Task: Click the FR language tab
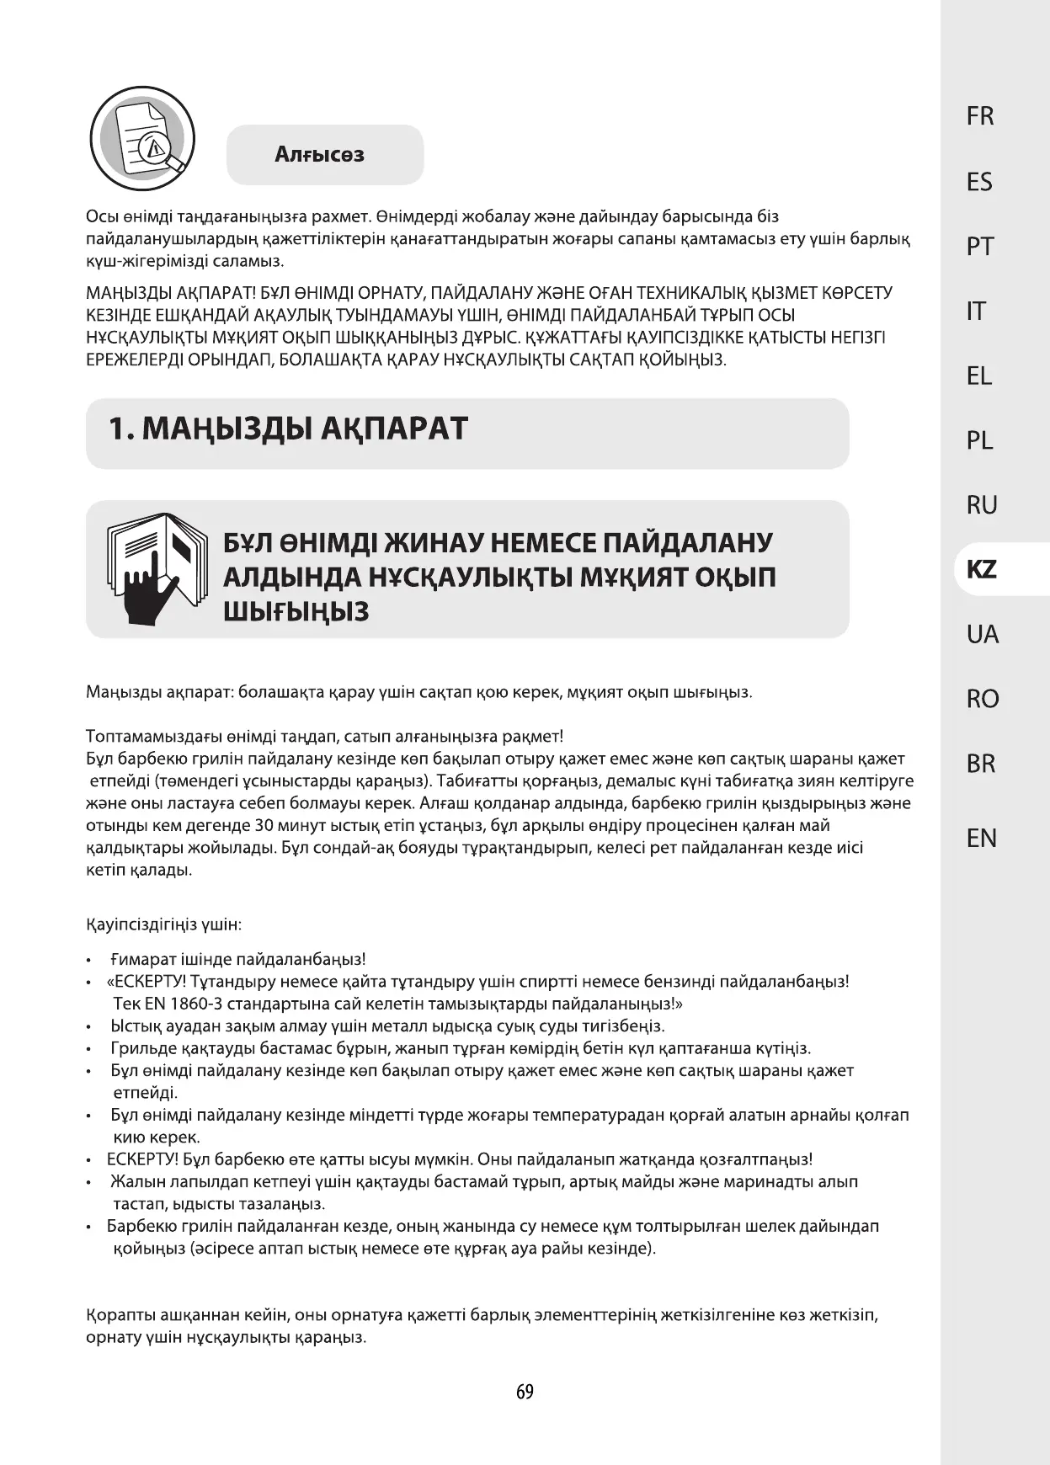pyautogui.click(x=980, y=116)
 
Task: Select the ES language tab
pyautogui.click(x=980, y=182)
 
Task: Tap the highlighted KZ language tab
pyautogui.click(x=981, y=570)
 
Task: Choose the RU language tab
pyautogui.click(x=982, y=505)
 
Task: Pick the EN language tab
pyautogui.click(x=982, y=839)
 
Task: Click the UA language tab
pyautogui.click(x=983, y=634)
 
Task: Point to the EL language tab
pyautogui.click(x=979, y=376)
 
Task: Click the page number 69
pyautogui.click(x=525, y=1392)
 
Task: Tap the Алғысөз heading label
pyautogui.click(x=320, y=155)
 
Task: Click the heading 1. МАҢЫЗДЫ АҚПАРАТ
pyautogui.click(x=288, y=429)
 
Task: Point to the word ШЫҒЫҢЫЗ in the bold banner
pyautogui.click(x=296, y=612)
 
